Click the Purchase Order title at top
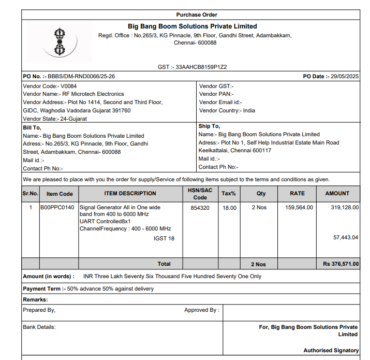pyautogui.click(x=197, y=15)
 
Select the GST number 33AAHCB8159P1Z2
pyautogui.click(x=201, y=67)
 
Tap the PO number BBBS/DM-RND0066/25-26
pyautogui.click(x=81, y=76)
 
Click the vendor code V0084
pyautogui.click(x=68, y=86)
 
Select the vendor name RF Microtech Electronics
pyautogui.click(x=93, y=94)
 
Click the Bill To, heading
pyautogui.click(x=32, y=127)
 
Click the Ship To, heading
pyautogui.click(x=209, y=126)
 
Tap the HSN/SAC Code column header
pyautogui.click(x=200, y=194)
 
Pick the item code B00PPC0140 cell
pyautogui.click(x=57, y=208)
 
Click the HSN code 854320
pyautogui.click(x=200, y=208)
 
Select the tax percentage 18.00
pyautogui.click(x=229, y=208)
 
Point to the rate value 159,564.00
pyautogui.click(x=299, y=208)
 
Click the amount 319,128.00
pyautogui.click(x=344, y=208)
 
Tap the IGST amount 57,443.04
pyautogui.click(x=345, y=237)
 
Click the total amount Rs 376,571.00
pyautogui.click(x=341, y=264)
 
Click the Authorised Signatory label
pyautogui.click(x=331, y=350)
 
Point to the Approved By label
pyautogui.click(x=201, y=310)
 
